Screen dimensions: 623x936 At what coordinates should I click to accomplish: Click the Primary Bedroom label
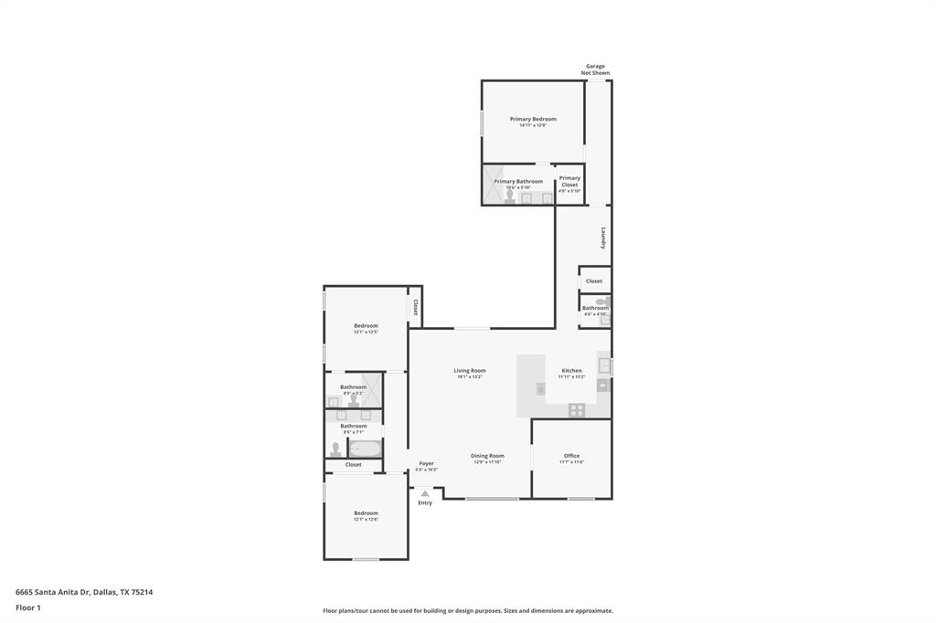click(x=533, y=119)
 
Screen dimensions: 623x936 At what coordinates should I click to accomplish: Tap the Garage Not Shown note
click(x=595, y=69)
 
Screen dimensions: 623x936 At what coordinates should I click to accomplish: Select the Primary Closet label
click(x=569, y=181)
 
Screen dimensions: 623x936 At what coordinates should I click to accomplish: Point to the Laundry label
click(x=603, y=238)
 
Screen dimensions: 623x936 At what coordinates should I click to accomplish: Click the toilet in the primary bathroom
click(x=509, y=196)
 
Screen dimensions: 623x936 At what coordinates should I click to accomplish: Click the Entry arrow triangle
click(x=425, y=493)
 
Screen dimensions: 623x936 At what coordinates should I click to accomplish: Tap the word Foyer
click(x=426, y=463)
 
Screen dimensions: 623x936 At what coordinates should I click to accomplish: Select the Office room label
click(x=571, y=456)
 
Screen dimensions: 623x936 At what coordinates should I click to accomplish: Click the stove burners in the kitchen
click(x=577, y=410)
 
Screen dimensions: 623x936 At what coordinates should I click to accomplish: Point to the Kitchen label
click(x=571, y=370)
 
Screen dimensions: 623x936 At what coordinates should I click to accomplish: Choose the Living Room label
click(x=469, y=370)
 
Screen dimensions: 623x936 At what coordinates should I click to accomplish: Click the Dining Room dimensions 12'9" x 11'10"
click(x=487, y=462)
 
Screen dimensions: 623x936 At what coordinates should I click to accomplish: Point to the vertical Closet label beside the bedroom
click(x=415, y=307)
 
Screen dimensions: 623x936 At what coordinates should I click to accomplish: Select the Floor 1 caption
click(x=28, y=607)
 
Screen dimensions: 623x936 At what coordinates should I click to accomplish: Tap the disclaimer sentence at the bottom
click(x=467, y=611)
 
